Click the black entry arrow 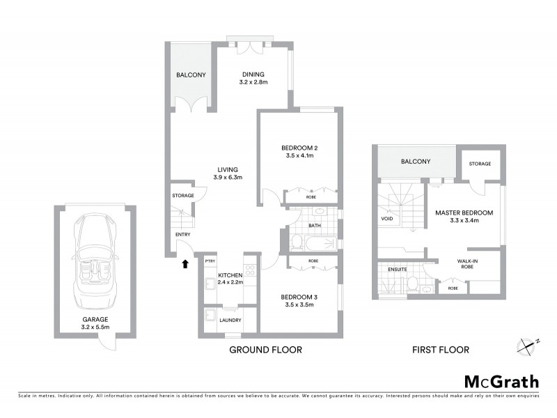coord(185,263)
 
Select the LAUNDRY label coord(230,320)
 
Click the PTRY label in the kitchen coord(209,261)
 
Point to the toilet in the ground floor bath coord(296,242)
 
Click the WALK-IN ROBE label coord(467,261)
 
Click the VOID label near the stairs coord(387,218)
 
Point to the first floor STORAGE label coord(480,164)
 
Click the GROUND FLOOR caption coord(265,350)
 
